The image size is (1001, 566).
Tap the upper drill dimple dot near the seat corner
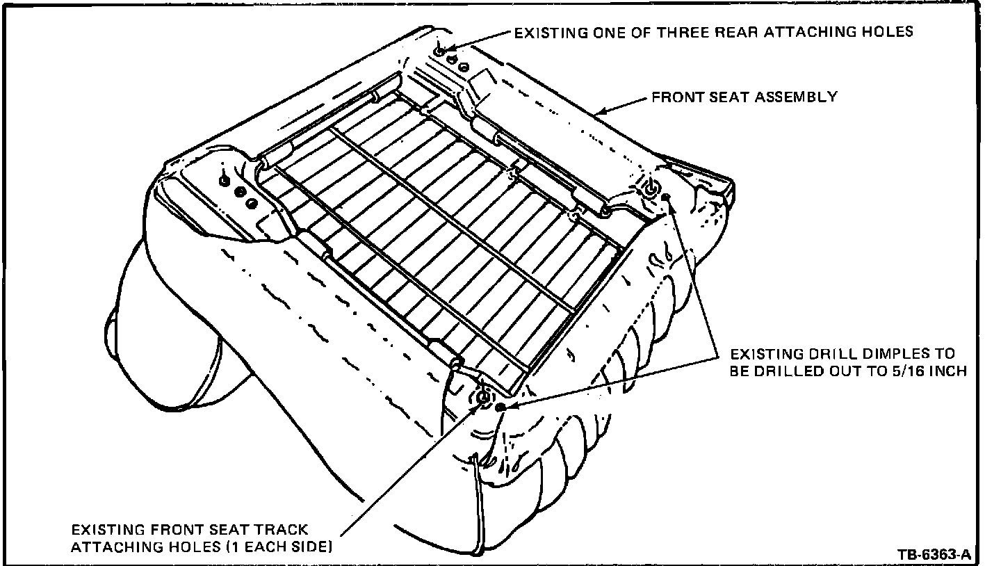(666, 197)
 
